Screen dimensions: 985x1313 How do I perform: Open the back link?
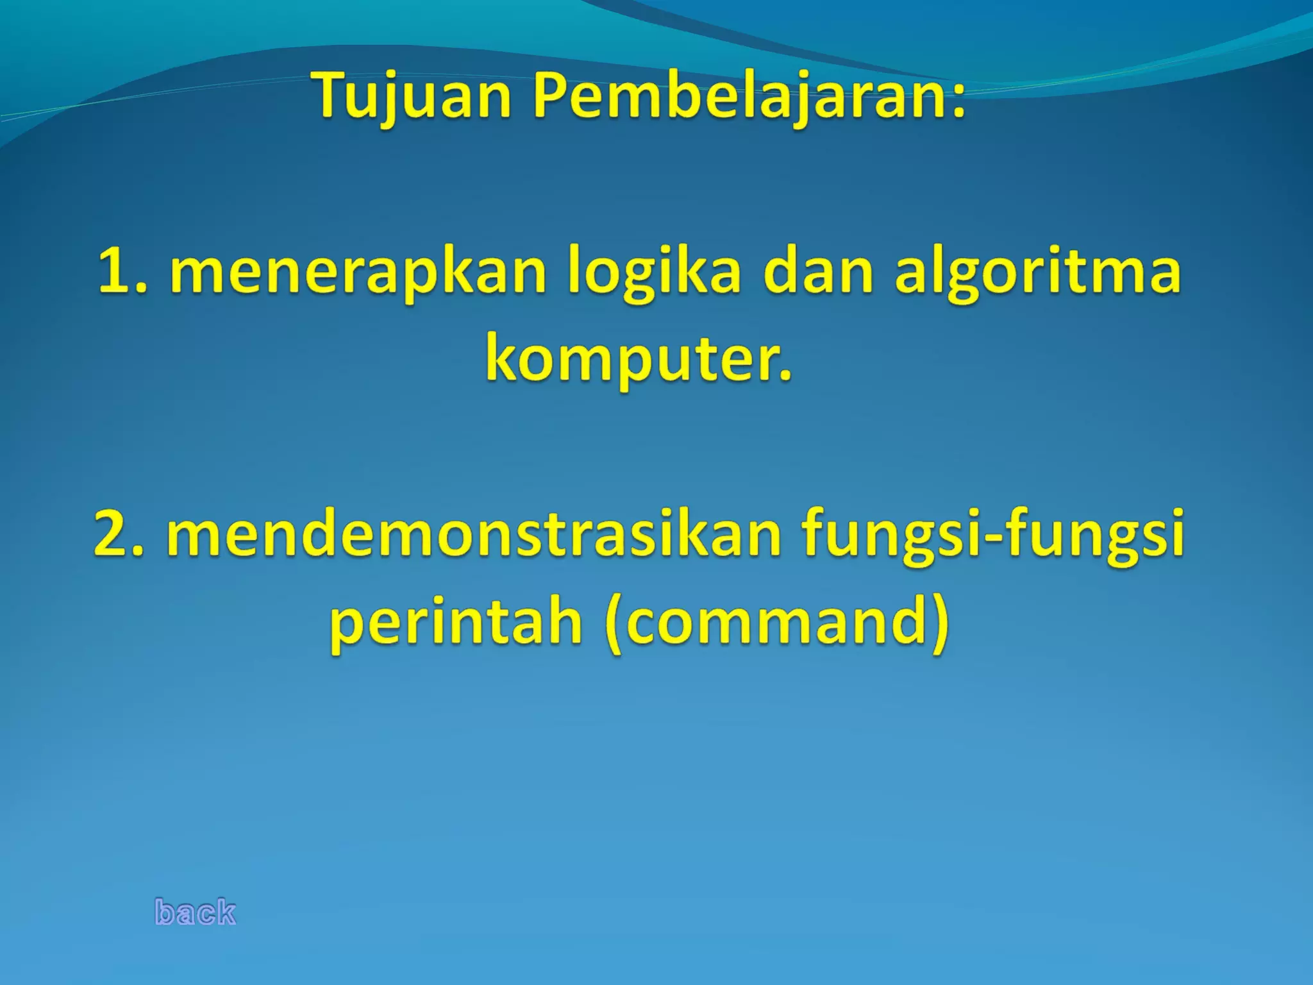(x=196, y=912)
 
